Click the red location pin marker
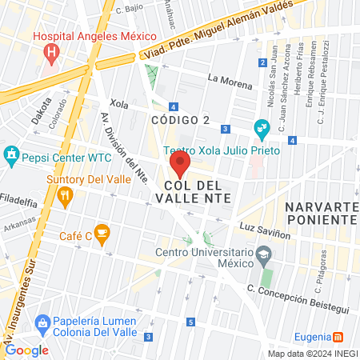click(x=179, y=166)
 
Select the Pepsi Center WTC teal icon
click(x=11, y=154)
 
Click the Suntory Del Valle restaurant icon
click(x=66, y=195)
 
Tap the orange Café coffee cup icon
click(x=101, y=234)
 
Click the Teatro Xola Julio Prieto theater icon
click(x=261, y=128)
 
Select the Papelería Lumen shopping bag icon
click(x=42, y=322)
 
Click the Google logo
click(x=26, y=350)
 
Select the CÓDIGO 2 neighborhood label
click(x=180, y=119)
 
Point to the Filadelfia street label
click(x=19, y=197)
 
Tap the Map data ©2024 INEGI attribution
click(x=312, y=354)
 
